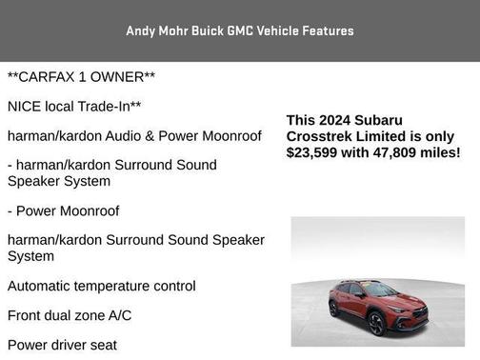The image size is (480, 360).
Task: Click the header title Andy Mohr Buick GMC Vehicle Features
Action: coord(239,30)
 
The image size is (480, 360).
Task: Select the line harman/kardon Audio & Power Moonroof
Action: coord(134,136)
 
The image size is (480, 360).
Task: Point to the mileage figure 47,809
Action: coord(395,152)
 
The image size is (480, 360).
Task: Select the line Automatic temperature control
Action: coord(102,286)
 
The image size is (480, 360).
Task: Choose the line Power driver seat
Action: coord(62,345)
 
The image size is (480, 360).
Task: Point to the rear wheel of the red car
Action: coord(334,309)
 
